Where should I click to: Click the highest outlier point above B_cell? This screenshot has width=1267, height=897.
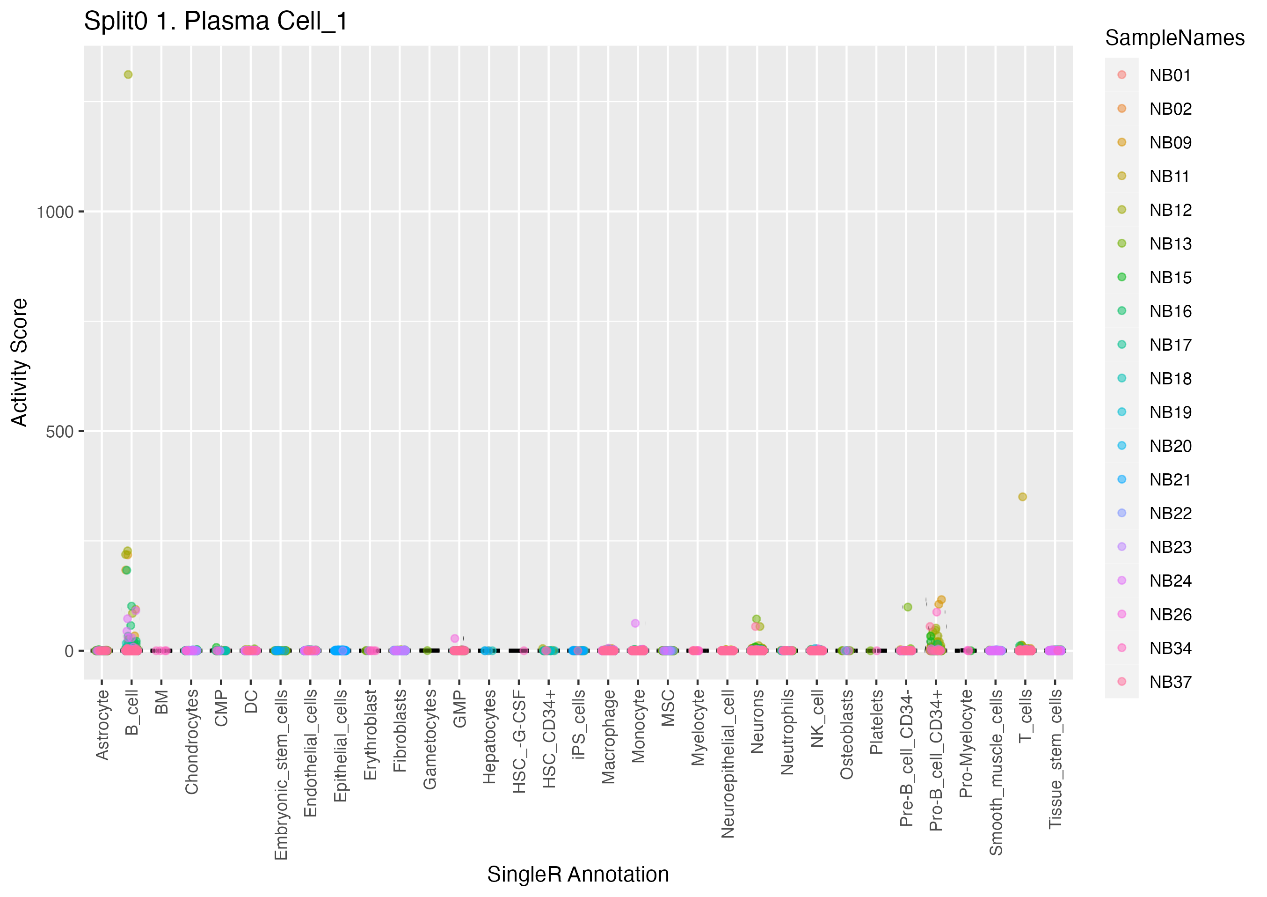pos(128,74)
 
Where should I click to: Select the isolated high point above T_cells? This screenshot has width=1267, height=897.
pos(1022,497)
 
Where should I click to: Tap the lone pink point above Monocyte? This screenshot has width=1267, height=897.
pos(635,623)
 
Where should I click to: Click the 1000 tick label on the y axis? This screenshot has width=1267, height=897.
pos(55,212)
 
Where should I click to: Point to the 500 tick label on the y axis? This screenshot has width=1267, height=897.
pos(59,431)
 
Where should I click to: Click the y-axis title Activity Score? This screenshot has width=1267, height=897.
pos(19,362)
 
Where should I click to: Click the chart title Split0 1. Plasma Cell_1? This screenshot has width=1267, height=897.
pos(216,22)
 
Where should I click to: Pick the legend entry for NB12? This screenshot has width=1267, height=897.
pos(1170,210)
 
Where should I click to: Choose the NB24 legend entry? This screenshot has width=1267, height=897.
pos(1170,581)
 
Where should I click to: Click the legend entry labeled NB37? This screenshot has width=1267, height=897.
pos(1170,682)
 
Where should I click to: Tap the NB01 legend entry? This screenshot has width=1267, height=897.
pos(1170,75)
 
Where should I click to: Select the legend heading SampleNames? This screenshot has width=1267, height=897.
pos(1174,38)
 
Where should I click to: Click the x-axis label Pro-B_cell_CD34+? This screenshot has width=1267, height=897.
pos(937,760)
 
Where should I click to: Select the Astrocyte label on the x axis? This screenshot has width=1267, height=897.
pos(102,725)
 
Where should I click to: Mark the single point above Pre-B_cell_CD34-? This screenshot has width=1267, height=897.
pos(907,607)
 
